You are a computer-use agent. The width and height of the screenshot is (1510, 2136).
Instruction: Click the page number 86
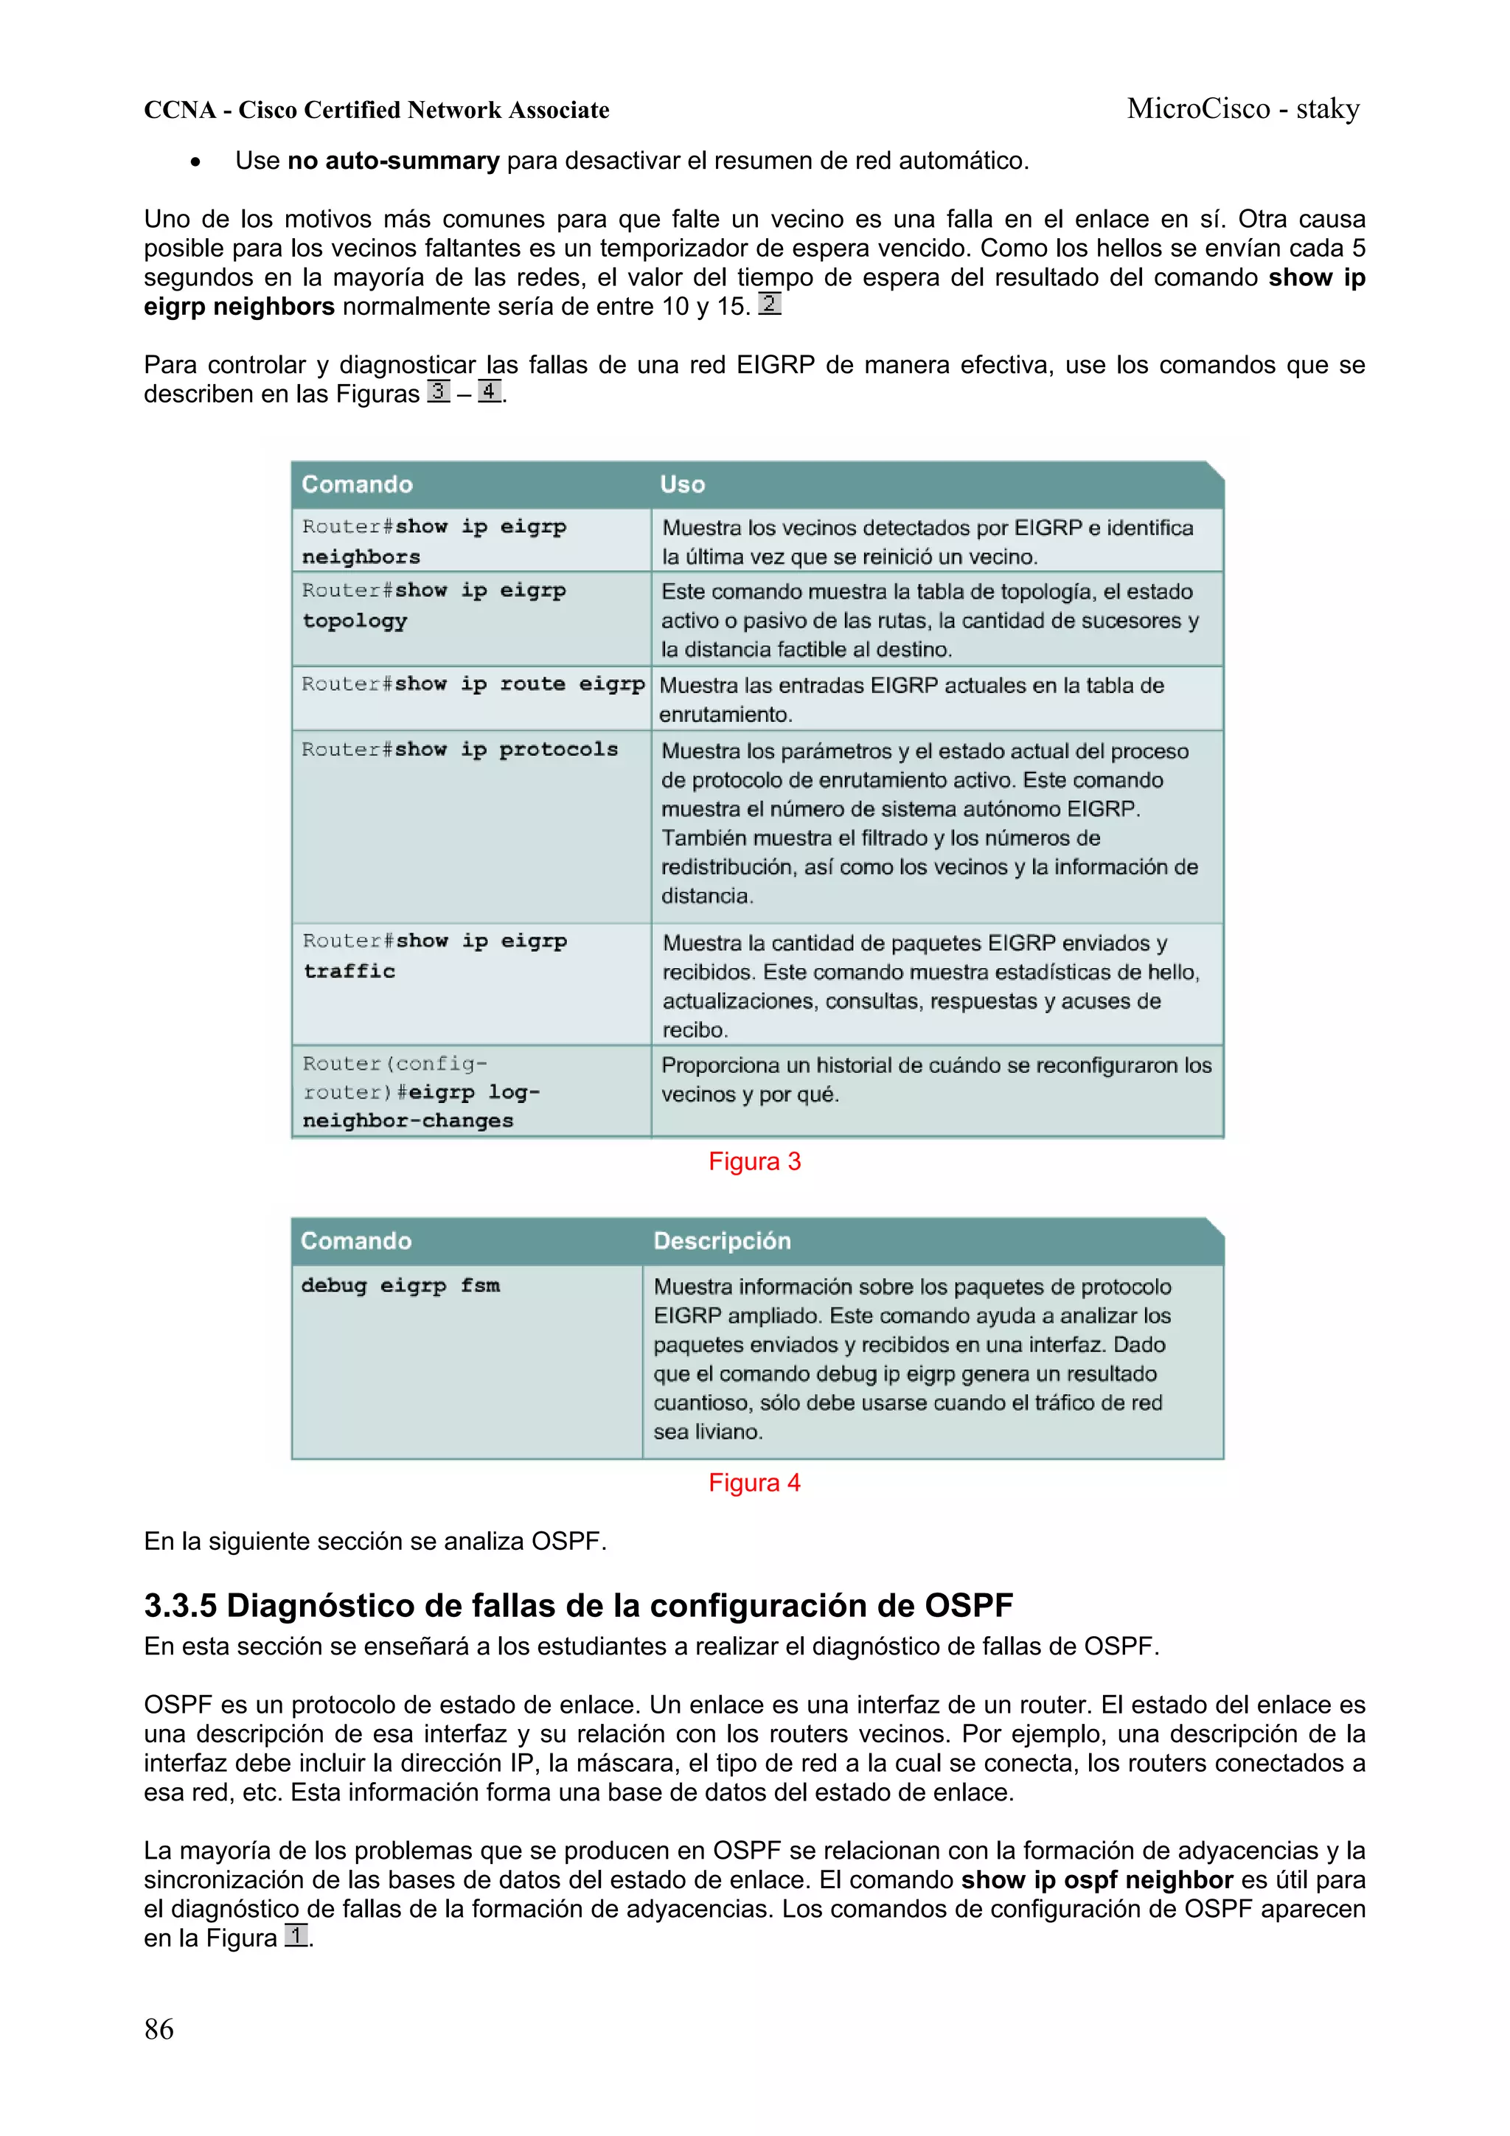(x=159, y=2029)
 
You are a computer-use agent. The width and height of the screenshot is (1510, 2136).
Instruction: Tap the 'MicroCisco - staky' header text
(x=1243, y=109)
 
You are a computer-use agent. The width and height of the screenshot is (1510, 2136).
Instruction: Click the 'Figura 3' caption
(x=754, y=1161)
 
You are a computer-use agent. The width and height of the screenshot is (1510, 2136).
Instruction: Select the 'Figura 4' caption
(x=754, y=1482)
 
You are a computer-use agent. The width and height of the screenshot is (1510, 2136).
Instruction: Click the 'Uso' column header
(x=683, y=484)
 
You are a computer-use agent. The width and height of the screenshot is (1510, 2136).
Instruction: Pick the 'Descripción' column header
(x=722, y=1240)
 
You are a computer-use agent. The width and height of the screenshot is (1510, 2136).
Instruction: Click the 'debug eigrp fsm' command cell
(x=400, y=1286)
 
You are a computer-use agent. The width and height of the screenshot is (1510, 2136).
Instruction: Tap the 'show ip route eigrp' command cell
(x=473, y=685)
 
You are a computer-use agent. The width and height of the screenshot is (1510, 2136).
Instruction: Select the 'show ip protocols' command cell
(x=459, y=750)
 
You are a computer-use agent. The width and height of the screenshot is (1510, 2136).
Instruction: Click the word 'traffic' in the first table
(x=349, y=971)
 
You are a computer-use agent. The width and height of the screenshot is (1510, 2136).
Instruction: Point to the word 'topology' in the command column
(x=355, y=621)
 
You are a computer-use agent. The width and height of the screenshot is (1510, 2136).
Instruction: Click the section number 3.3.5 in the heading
(x=181, y=1606)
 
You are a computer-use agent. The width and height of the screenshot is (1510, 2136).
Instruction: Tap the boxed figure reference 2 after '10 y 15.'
(x=770, y=305)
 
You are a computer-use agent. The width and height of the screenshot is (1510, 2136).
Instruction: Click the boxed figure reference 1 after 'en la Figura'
(x=296, y=1937)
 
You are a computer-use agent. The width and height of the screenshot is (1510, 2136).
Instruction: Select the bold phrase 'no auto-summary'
(x=394, y=161)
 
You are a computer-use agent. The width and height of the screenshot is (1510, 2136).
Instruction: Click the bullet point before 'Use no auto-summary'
(x=195, y=162)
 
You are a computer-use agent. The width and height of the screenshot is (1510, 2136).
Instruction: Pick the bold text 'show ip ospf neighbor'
(x=1097, y=1879)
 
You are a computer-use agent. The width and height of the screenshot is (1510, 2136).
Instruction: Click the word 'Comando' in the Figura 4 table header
(x=355, y=1240)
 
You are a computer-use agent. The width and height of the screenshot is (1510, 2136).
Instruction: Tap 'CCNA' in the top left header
(x=180, y=110)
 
